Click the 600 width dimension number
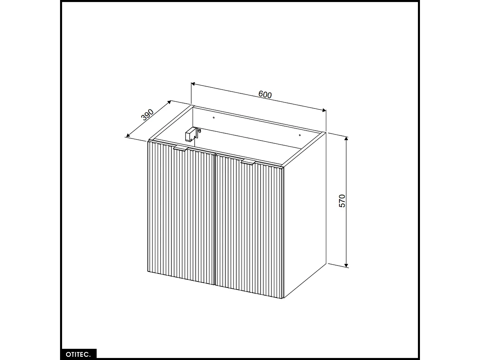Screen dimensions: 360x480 [x=265, y=95]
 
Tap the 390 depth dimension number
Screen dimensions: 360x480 [x=148, y=115]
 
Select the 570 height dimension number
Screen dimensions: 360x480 [x=342, y=201]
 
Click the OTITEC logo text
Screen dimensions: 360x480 [x=78, y=354]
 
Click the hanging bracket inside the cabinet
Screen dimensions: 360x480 [x=191, y=134]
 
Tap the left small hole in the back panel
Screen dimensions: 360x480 [x=214, y=118]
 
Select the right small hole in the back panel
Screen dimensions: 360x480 [x=300, y=135]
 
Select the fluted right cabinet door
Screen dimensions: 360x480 [x=249, y=228]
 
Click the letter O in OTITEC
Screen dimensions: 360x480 [x=68, y=354]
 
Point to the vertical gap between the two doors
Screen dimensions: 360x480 [x=215, y=220]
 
